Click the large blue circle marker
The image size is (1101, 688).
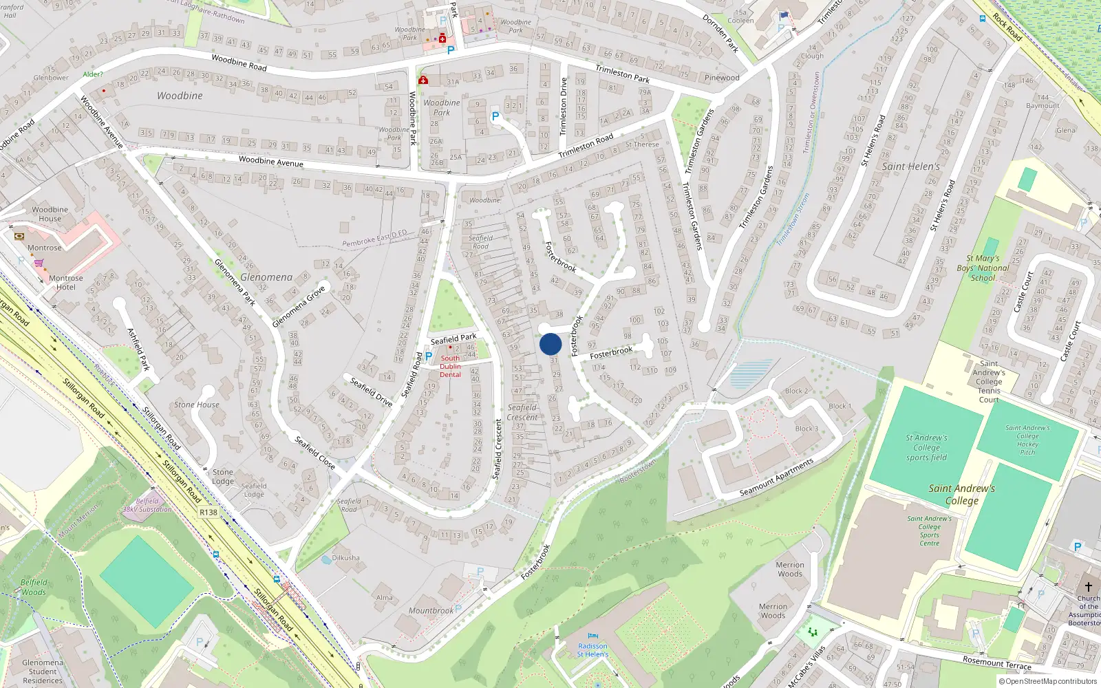550,344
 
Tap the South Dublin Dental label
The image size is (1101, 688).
450,366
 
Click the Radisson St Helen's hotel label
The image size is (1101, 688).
592,650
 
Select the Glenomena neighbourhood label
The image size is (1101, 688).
266,277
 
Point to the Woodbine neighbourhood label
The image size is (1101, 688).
180,96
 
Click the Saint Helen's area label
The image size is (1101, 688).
910,166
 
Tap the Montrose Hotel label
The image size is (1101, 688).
66,283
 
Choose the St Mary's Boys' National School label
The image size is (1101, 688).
983,268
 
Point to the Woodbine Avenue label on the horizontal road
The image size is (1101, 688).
271,162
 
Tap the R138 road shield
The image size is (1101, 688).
208,513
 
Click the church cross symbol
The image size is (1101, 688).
1088,587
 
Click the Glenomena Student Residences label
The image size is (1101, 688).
43,671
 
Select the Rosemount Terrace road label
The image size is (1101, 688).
996,663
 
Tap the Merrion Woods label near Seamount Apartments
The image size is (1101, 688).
790,570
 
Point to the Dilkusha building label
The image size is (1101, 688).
345,558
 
